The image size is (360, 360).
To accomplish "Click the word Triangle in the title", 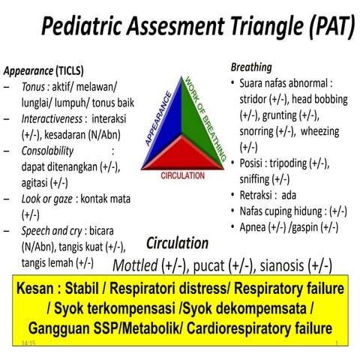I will pos(232,28).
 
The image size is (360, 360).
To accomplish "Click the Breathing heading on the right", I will pos(251,67).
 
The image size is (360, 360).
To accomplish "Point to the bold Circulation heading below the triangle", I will pos(177,243).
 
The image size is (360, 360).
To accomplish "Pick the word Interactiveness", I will pos(53,120).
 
